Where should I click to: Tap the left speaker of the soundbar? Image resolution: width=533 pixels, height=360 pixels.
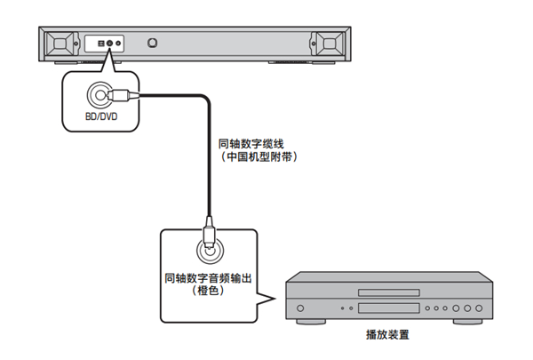(x=60, y=44)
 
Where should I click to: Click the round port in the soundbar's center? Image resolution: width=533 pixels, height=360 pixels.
(x=154, y=43)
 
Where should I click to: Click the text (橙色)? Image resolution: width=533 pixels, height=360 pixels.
(x=208, y=292)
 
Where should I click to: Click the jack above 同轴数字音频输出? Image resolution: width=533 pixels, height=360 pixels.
(x=207, y=250)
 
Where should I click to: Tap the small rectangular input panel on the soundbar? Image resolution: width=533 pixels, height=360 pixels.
(x=102, y=43)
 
